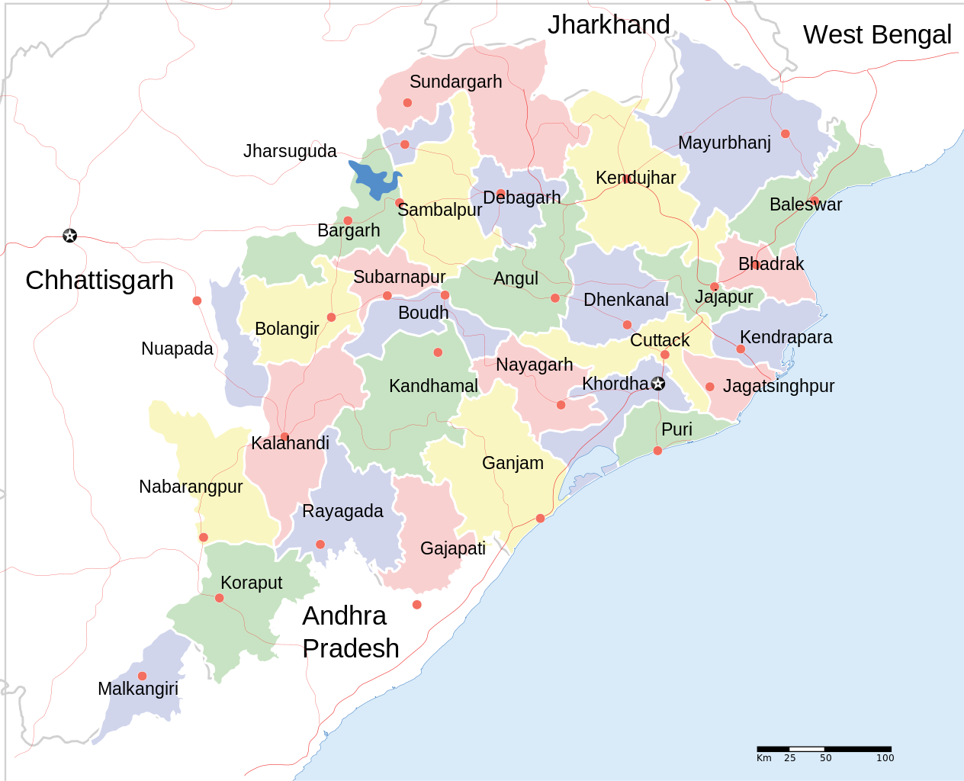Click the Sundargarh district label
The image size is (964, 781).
[x=455, y=82]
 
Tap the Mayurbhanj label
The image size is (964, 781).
[x=724, y=143]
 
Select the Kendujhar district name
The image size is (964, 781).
[x=635, y=178]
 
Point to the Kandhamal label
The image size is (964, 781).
[x=433, y=386]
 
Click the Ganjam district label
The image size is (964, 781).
[x=513, y=463]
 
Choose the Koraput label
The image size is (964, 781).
[x=251, y=583]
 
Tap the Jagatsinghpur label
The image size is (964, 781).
[x=778, y=386]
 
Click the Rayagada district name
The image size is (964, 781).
[x=342, y=511]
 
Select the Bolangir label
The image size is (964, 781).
[x=287, y=329]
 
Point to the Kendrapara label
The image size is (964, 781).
[x=786, y=337]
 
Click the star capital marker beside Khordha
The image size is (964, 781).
[x=658, y=384]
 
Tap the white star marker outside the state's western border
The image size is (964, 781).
[x=69, y=236]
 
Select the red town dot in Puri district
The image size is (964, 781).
[x=657, y=451]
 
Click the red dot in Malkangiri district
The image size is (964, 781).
[x=142, y=676]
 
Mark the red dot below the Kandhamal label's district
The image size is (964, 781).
[x=438, y=352]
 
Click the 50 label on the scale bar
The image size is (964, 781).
[x=826, y=758]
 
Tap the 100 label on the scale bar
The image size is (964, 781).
[x=885, y=758]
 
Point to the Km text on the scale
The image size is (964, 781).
[x=764, y=758]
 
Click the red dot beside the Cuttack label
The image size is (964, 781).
[x=664, y=355]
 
